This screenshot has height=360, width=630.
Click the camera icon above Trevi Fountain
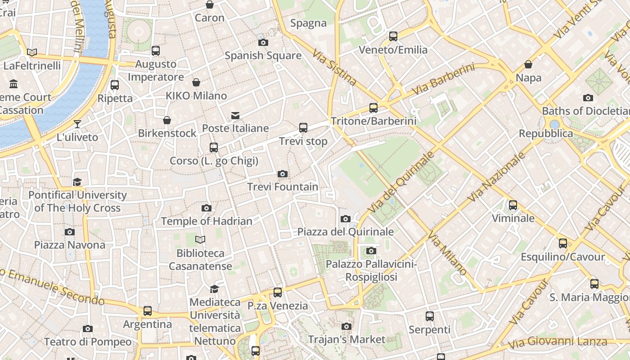(x=283, y=174)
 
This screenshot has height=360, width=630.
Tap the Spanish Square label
(x=263, y=56)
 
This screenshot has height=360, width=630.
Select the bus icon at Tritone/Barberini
(x=373, y=108)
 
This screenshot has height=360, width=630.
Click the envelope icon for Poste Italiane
(x=235, y=116)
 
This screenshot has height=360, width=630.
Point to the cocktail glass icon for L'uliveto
(x=77, y=124)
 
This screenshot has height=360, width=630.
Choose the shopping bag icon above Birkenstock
(x=167, y=120)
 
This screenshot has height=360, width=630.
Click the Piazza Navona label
(x=70, y=245)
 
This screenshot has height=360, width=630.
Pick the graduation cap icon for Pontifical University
(x=77, y=182)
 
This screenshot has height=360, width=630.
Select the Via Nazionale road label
(x=496, y=177)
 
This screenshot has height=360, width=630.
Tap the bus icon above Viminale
(x=513, y=206)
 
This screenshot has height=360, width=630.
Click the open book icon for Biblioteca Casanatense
(x=200, y=240)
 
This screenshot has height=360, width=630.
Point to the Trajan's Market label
(x=346, y=339)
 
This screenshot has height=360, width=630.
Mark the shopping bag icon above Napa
(x=528, y=65)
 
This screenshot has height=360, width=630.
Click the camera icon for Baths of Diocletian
(x=588, y=98)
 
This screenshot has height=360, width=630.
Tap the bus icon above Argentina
(x=148, y=311)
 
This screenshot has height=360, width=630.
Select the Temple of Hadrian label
(x=207, y=221)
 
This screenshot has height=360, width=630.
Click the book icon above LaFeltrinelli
(x=32, y=53)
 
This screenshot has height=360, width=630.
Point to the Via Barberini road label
(x=443, y=79)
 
